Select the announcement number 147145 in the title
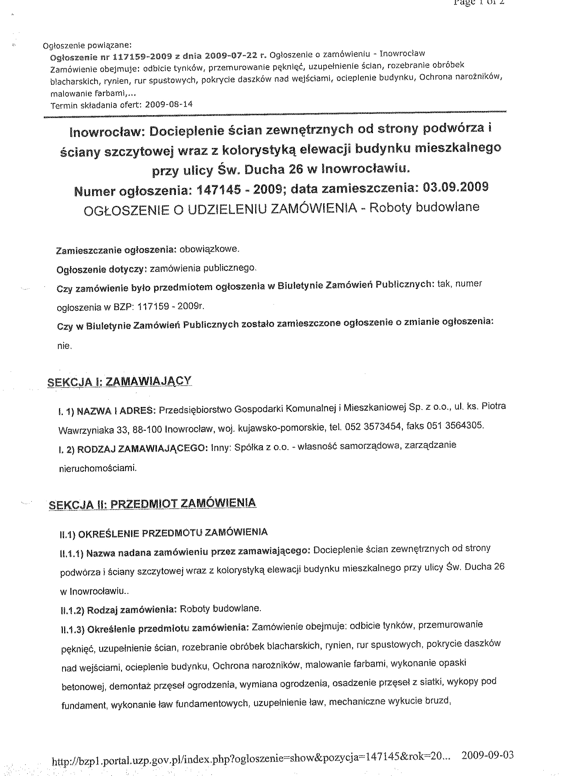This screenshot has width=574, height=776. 219,190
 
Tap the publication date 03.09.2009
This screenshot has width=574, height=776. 455,187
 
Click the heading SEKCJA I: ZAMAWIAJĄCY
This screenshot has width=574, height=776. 119,382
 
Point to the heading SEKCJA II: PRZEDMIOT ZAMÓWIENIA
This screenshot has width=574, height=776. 152,503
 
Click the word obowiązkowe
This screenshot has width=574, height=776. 209,249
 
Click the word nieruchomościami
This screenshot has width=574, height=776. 98,468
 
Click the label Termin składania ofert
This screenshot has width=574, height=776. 96,106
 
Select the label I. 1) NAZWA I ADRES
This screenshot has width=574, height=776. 107,411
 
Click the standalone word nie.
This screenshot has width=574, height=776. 64,346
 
